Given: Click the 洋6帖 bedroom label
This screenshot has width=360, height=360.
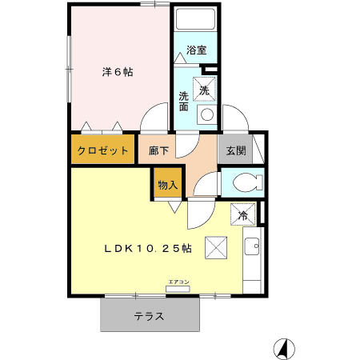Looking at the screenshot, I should [117, 72].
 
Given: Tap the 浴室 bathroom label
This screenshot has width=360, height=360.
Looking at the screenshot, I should [196, 50].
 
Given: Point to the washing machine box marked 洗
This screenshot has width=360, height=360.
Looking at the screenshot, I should [204, 91].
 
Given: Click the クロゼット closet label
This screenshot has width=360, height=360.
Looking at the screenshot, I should [103, 150].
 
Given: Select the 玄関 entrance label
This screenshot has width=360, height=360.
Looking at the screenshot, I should [235, 150].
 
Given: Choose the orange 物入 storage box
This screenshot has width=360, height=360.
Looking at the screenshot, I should [168, 185].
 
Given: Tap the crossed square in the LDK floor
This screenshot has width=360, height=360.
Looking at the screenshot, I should [216, 249].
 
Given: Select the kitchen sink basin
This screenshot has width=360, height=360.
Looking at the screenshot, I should [252, 248].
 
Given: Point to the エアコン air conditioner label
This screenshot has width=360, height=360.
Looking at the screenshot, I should [178, 281].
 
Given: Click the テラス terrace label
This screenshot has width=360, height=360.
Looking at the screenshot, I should [149, 315].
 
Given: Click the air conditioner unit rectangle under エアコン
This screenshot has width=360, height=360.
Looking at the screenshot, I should [178, 290].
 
